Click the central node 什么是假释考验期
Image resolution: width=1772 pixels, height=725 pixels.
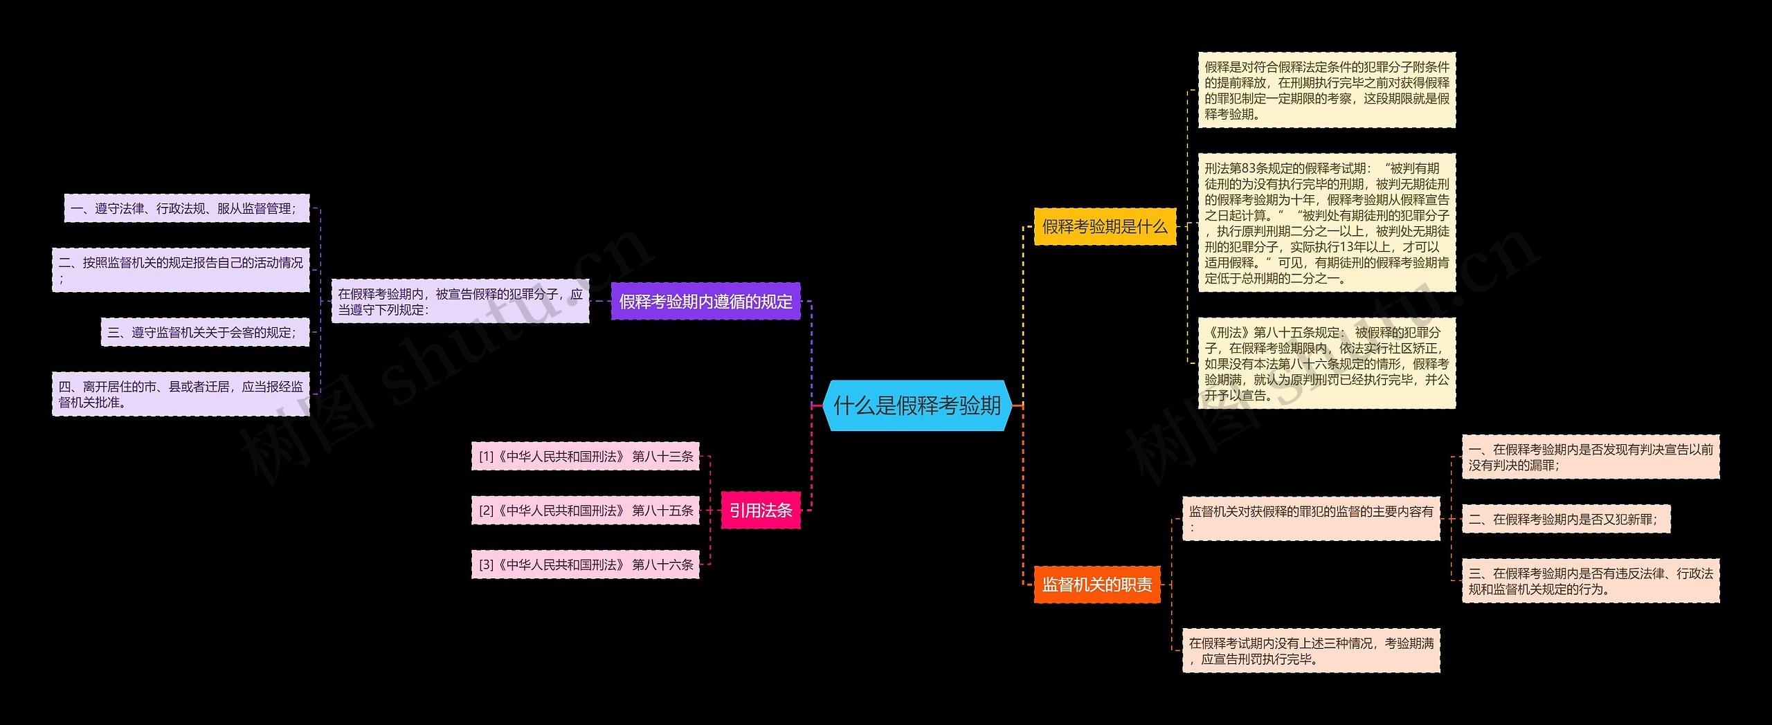click(x=917, y=405)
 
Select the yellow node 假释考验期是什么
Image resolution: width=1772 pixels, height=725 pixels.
click(x=1105, y=226)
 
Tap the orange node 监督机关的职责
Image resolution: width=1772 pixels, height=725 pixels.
click(x=1097, y=585)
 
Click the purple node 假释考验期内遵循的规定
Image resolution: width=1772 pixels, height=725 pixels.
click(x=705, y=302)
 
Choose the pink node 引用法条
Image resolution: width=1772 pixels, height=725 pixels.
click(x=761, y=511)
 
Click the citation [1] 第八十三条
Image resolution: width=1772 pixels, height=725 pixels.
click(x=586, y=457)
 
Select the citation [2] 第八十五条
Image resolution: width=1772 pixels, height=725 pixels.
click(x=586, y=511)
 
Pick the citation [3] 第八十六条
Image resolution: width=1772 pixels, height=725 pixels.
click(x=586, y=565)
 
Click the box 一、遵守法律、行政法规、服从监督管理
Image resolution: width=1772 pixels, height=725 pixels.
click(x=187, y=208)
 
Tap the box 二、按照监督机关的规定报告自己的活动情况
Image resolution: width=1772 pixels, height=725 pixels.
click(x=181, y=270)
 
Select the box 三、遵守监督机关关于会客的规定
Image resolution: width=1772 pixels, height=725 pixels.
click(x=205, y=332)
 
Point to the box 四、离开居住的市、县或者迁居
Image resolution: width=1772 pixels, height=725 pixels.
click(x=181, y=394)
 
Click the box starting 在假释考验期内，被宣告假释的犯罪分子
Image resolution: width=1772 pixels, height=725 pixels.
click(x=460, y=302)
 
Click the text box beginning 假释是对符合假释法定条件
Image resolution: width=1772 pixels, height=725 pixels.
click(x=1327, y=90)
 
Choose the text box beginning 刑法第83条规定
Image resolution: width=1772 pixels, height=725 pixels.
click(x=1327, y=223)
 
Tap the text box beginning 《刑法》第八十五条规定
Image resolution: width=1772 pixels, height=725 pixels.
click(x=1327, y=363)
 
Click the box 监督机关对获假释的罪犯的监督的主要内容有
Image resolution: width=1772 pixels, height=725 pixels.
click(x=1311, y=519)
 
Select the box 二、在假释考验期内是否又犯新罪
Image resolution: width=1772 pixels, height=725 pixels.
click(x=1566, y=520)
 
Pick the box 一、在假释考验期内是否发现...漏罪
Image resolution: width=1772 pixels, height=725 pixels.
click(x=1591, y=457)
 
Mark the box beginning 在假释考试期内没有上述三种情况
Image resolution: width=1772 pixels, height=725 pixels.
click(x=1311, y=651)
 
